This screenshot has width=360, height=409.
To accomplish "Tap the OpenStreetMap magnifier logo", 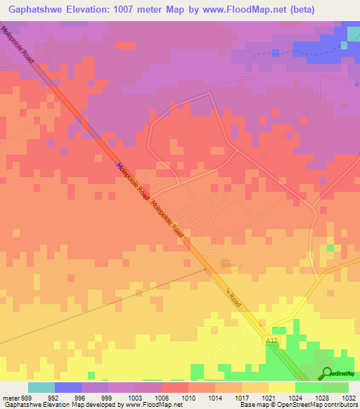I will [x=328, y=373].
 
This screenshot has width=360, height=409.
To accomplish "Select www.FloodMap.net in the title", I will [x=236, y=9].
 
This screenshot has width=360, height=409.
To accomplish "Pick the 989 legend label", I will [x=27, y=397].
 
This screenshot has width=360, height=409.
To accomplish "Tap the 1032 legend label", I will [x=340, y=397].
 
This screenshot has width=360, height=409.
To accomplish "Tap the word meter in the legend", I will [x=11, y=397].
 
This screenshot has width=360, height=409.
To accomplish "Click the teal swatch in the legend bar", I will [x=41, y=387].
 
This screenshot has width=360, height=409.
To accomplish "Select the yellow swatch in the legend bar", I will [x=281, y=387].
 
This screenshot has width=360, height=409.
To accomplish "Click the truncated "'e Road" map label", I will [x=233, y=299].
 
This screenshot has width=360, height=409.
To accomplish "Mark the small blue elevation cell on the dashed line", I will [x=276, y=53].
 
